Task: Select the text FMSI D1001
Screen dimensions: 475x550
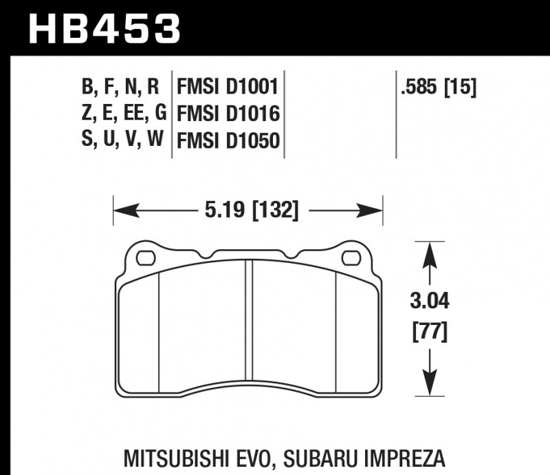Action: click(x=227, y=87)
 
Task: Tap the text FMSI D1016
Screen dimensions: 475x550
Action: click(x=228, y=114)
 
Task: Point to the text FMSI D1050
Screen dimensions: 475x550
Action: click(x=228, y=140)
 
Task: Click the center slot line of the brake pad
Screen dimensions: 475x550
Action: click(x=250, y=326)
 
